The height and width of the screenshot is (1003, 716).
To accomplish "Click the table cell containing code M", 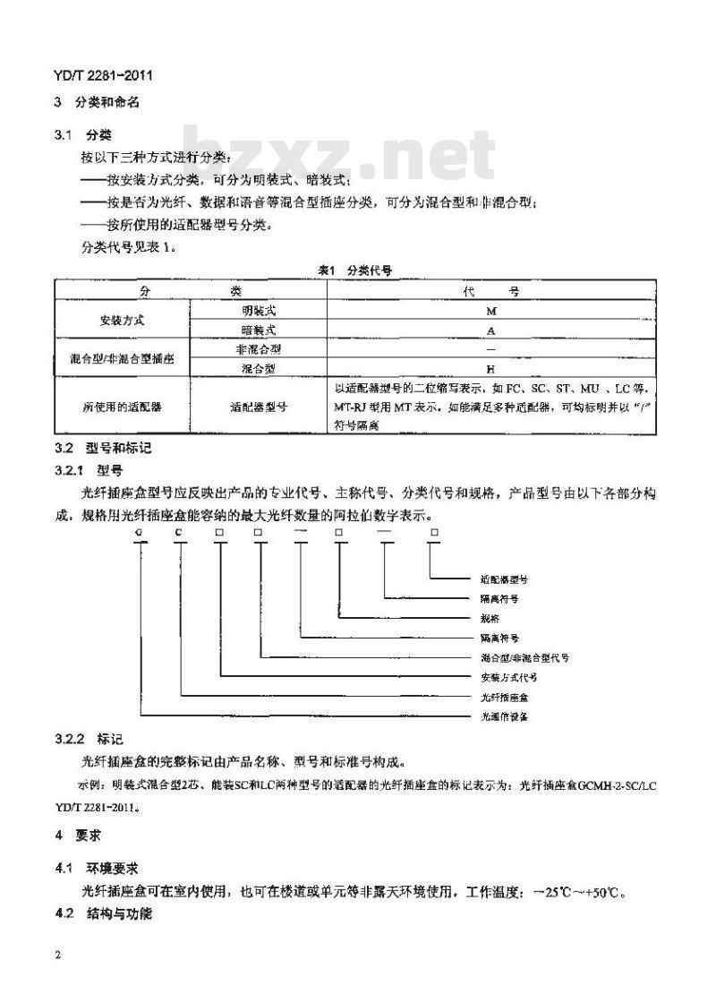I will [490, 310].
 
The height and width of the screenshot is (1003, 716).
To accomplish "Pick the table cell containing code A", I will [490, 329].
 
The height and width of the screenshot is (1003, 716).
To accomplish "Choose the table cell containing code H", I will [490, 367].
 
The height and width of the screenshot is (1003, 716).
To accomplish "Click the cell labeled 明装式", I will [259, 310].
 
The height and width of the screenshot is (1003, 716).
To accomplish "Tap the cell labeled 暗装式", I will [259, 329].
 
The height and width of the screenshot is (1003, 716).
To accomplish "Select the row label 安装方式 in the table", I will [122, 320].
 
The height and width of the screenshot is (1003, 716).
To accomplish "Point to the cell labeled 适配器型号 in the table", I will [259, 406].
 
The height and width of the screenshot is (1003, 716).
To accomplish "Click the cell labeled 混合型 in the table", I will [259, 367].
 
